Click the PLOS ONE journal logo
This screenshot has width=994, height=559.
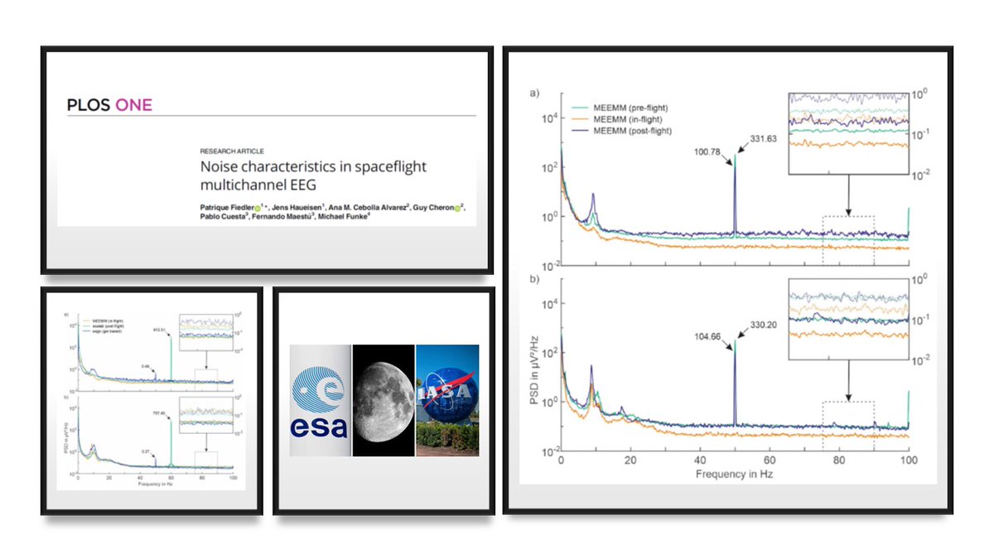[x=109, y=105]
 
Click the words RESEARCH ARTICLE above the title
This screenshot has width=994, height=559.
[x=233, y=152]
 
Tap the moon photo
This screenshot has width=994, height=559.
[x=384, y=400]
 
